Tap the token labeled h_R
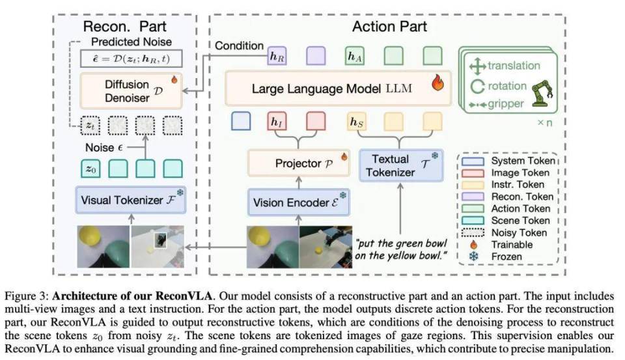coord(277,57)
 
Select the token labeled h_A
coord(355,57)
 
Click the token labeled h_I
coord(277,121)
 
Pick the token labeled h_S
coord(356,121)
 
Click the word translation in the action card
coord(514,66)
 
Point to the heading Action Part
coord(390,27)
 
